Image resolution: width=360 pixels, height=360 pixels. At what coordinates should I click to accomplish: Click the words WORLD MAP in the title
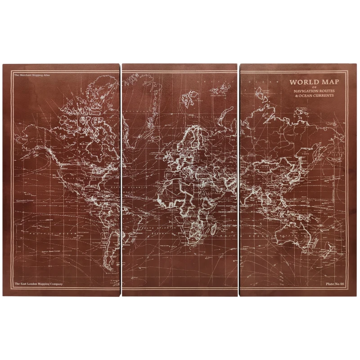(x=314, y=82)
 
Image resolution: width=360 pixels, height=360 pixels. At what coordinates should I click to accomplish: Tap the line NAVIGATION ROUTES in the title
(x=314, y=91)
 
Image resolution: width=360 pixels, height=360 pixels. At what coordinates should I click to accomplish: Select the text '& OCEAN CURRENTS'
(x=314, y=96)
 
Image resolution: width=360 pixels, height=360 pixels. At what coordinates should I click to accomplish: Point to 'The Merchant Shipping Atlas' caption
(x=31, y=75)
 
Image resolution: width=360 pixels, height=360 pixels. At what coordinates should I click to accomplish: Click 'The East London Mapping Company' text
(x=38, y=284)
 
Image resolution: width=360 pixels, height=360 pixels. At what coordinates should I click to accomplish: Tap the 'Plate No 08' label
(x=335, y=284)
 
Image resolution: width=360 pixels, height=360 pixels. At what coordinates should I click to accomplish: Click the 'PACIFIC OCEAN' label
(x=54, y=234)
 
